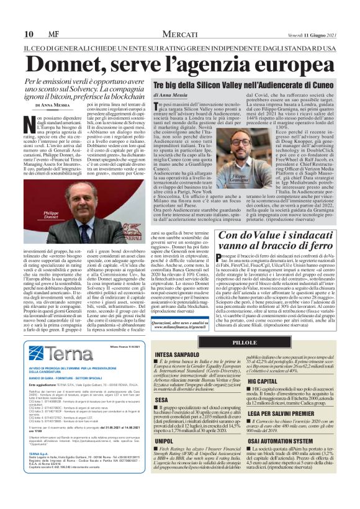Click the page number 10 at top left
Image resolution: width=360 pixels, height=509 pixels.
coord(29,33)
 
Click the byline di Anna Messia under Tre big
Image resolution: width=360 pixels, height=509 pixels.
coord(174,94)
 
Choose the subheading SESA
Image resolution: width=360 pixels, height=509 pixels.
coord(162,417)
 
